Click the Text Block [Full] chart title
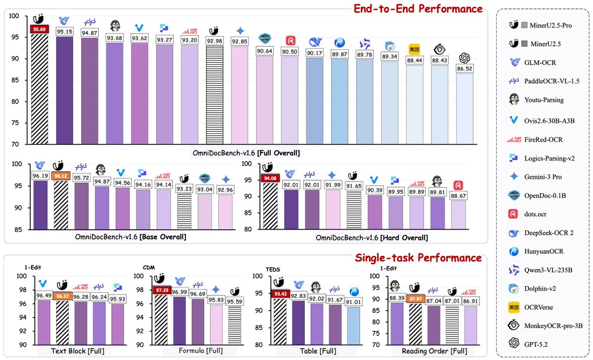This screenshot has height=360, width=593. (75, 351)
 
